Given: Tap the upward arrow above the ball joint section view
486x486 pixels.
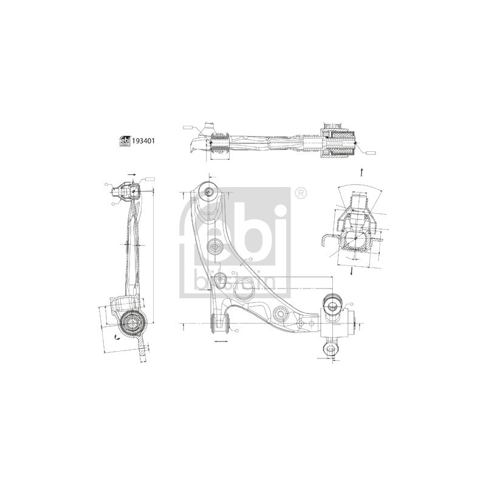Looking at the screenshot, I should (363, 171).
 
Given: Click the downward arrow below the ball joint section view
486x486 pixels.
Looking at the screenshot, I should (352, 272).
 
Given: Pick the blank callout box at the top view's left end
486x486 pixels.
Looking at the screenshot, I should (187, 128).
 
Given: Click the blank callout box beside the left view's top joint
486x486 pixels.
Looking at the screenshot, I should (149, 179).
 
